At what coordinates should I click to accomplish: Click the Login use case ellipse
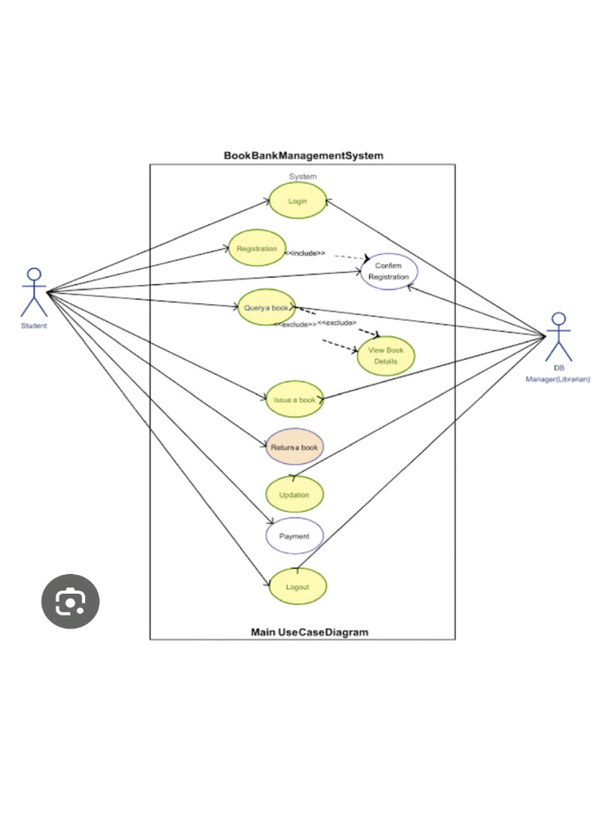(x=298, y=201)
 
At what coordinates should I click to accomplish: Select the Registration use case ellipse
(x=257, y=248)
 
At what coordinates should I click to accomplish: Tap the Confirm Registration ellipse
(x=388, y=271)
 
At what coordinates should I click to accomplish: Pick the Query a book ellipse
(x=267, y=307)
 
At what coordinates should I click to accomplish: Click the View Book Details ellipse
(x=386, y=356)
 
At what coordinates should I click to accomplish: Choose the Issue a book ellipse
(x=294, y=400)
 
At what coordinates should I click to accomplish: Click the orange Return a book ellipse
(x=294, y=447)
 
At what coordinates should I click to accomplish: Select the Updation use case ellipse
(x=294, y=494)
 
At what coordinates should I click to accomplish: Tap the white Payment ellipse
(x=294, y=536)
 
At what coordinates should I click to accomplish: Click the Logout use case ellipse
(x=297, y=587)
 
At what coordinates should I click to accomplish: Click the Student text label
(x=33, y=326)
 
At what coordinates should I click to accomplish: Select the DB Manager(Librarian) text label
(x=558, y=375)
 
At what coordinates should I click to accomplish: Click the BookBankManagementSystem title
(x=303, y=155)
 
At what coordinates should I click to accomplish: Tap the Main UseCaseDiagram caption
(x=309, y=632)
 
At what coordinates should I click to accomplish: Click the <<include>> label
(x=305, y=253)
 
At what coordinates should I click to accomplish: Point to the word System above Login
(x=302, y=177)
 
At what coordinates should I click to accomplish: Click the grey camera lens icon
(x=70, y=602)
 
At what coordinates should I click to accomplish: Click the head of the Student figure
(x=33, y=274)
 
